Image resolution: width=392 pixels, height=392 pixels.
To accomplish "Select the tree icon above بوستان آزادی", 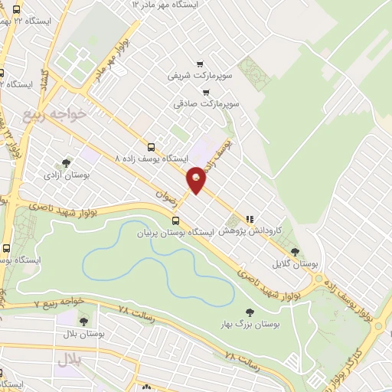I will (67, 162).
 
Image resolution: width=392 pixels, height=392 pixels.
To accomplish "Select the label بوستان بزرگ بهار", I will (249, 324).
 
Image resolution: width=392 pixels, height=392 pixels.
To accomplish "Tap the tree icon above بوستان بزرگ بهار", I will (249, 312).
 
